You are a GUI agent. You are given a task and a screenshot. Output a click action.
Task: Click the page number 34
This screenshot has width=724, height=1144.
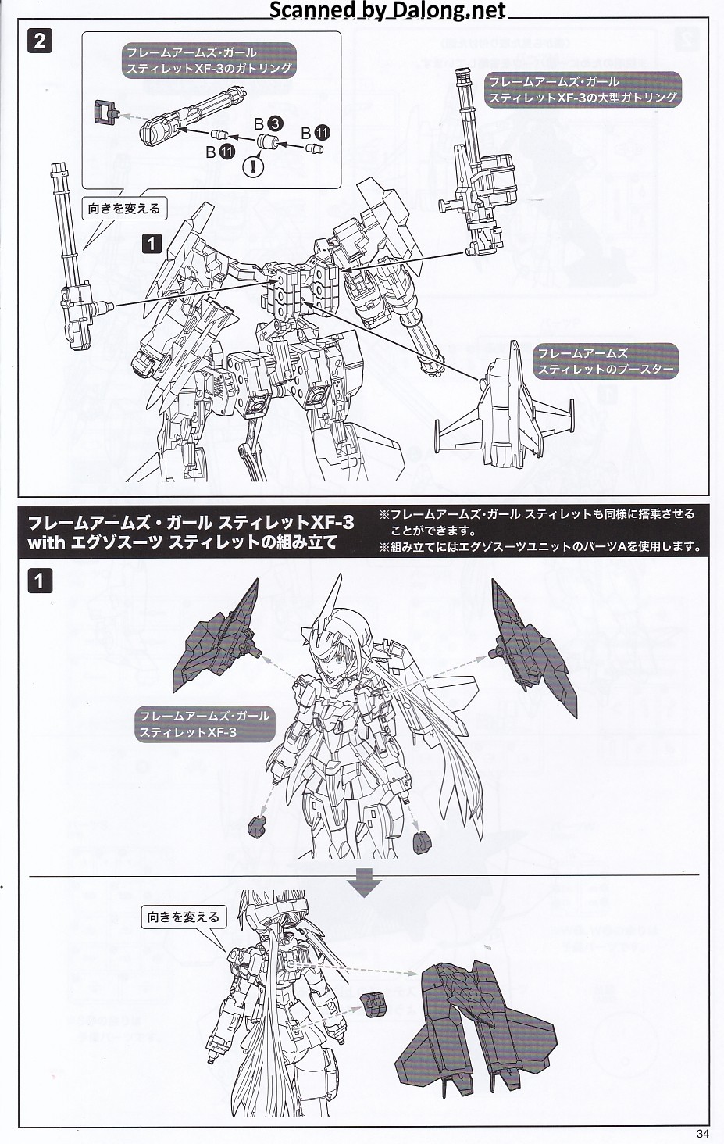[x=703, y=1134]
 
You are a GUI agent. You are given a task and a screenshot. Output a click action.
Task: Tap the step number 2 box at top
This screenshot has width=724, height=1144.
[x=40, y=41]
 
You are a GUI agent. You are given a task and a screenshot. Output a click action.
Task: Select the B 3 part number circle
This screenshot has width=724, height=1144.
[x=275, y=124]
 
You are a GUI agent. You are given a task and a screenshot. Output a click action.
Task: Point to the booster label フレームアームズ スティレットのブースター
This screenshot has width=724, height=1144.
[x=606, y=361]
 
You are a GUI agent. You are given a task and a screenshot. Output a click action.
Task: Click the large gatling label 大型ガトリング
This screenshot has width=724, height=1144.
[x=583, y=89]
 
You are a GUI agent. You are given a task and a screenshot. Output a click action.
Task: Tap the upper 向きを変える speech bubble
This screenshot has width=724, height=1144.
[x=124, y=209]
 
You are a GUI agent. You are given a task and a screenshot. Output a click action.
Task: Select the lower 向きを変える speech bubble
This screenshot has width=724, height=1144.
[x=184, y=917]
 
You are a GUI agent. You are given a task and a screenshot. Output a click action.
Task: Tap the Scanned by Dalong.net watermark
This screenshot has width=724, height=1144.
[x=387, y=9]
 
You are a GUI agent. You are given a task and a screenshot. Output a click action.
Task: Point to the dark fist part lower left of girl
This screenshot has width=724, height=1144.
[x=256, y=824]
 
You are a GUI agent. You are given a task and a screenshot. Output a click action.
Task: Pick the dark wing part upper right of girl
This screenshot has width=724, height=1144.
[x=531, y=646]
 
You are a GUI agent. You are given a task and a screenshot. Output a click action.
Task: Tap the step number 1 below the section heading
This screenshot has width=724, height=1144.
[x=40, y=581]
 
